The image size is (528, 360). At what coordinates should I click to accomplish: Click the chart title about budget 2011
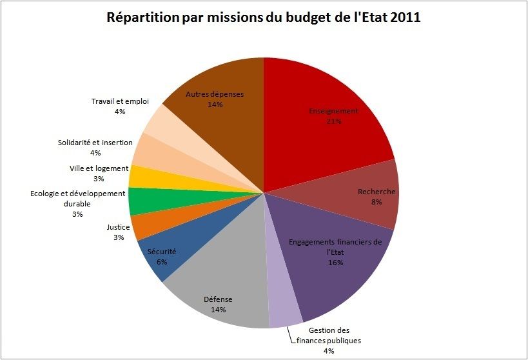pyautogui.click(x=264, y=17)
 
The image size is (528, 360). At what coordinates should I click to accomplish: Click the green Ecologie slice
pyautogui.click(x=141, y=201)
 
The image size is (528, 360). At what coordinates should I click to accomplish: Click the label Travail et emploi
pyautogui.click(x=121, y=101)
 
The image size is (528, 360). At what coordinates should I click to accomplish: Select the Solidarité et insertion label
pyautogui.click(x=95, y=143)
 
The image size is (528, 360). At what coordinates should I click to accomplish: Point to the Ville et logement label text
pyautogui.click(x=99, y=168)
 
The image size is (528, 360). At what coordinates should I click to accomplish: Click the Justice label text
pyautogui.click(x=118, y=227)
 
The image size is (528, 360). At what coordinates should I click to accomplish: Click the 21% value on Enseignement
pyautogui.click(x=333, y=121)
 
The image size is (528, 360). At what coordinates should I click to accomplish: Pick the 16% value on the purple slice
pyautogui.click(x=335, y=263)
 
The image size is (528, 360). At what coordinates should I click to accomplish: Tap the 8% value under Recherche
pyautogui.click(x=376, y=202)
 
